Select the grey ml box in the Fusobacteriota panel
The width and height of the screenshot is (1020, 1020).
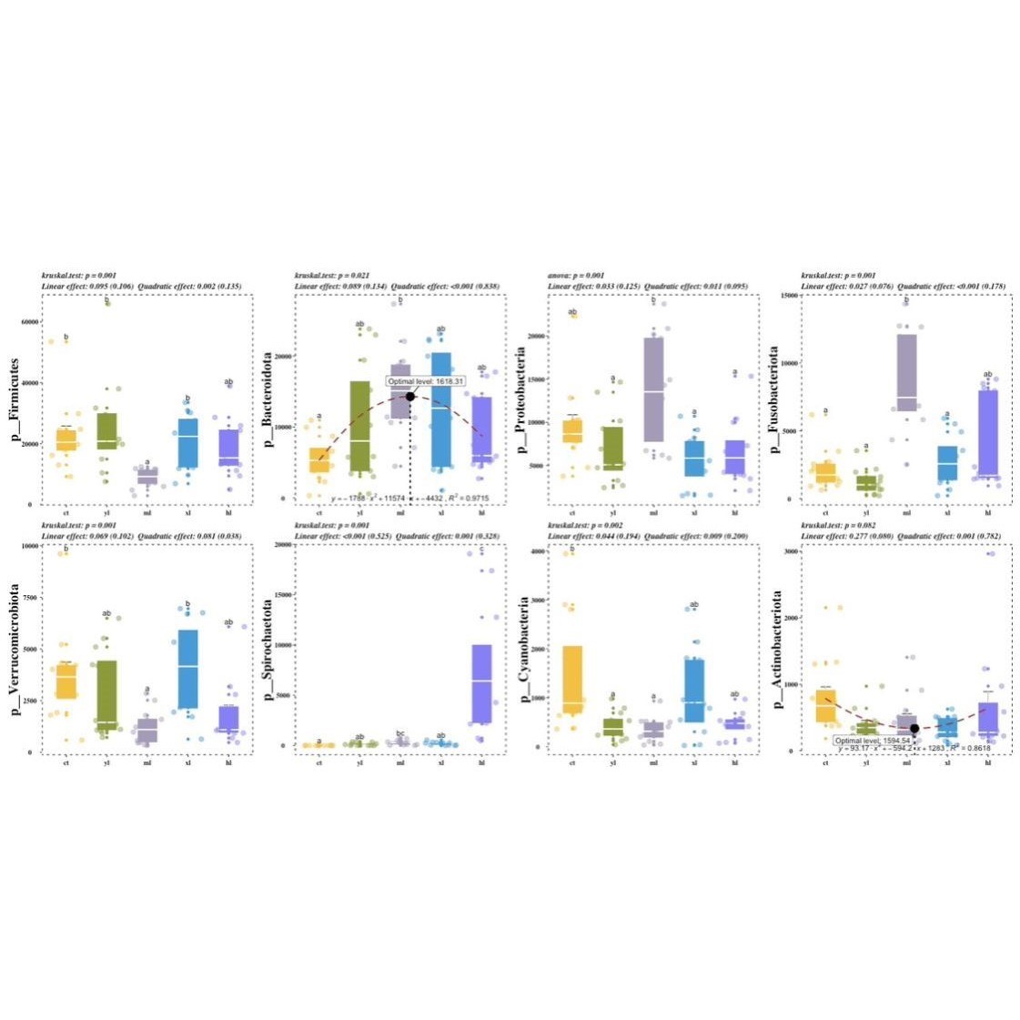pos(906,372)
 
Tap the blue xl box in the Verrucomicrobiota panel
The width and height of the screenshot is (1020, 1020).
pos(188,669)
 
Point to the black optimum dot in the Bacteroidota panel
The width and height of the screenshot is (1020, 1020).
pos(410,396)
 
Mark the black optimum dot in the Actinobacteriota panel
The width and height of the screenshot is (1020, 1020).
pos(914,728)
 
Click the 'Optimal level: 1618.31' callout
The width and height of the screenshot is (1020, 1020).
pos(426,381)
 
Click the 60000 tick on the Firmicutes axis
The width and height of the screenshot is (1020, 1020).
pos(28,321)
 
